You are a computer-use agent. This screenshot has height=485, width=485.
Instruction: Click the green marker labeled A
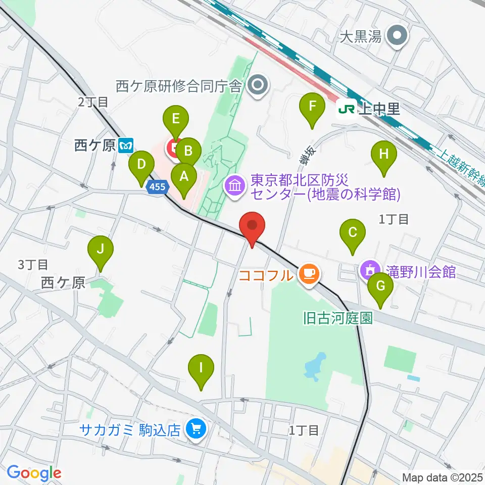(x=183, y=177)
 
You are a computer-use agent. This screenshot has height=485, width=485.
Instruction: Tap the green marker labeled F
(x=312, y=107)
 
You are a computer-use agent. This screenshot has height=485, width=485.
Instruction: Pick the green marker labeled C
(x=352, y=232)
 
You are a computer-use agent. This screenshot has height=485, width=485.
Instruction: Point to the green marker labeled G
(x=380, y=287)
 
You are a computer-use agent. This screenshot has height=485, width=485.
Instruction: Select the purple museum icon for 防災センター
(x=235, y=186)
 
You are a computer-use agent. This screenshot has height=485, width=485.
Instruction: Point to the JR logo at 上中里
(x=347, y=108)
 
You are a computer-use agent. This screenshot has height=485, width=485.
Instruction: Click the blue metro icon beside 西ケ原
(x=126, y=146)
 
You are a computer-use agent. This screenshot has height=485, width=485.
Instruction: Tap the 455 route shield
(x=157, y=187)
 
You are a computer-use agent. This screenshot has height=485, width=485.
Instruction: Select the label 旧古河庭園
(x=337, y=318)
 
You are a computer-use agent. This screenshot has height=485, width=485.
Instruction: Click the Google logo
(x=34, y=473)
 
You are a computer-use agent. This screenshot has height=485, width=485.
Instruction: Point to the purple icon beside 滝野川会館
(x=370, y=271)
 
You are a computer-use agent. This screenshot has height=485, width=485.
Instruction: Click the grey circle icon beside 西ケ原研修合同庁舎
(x=259, y=86)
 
